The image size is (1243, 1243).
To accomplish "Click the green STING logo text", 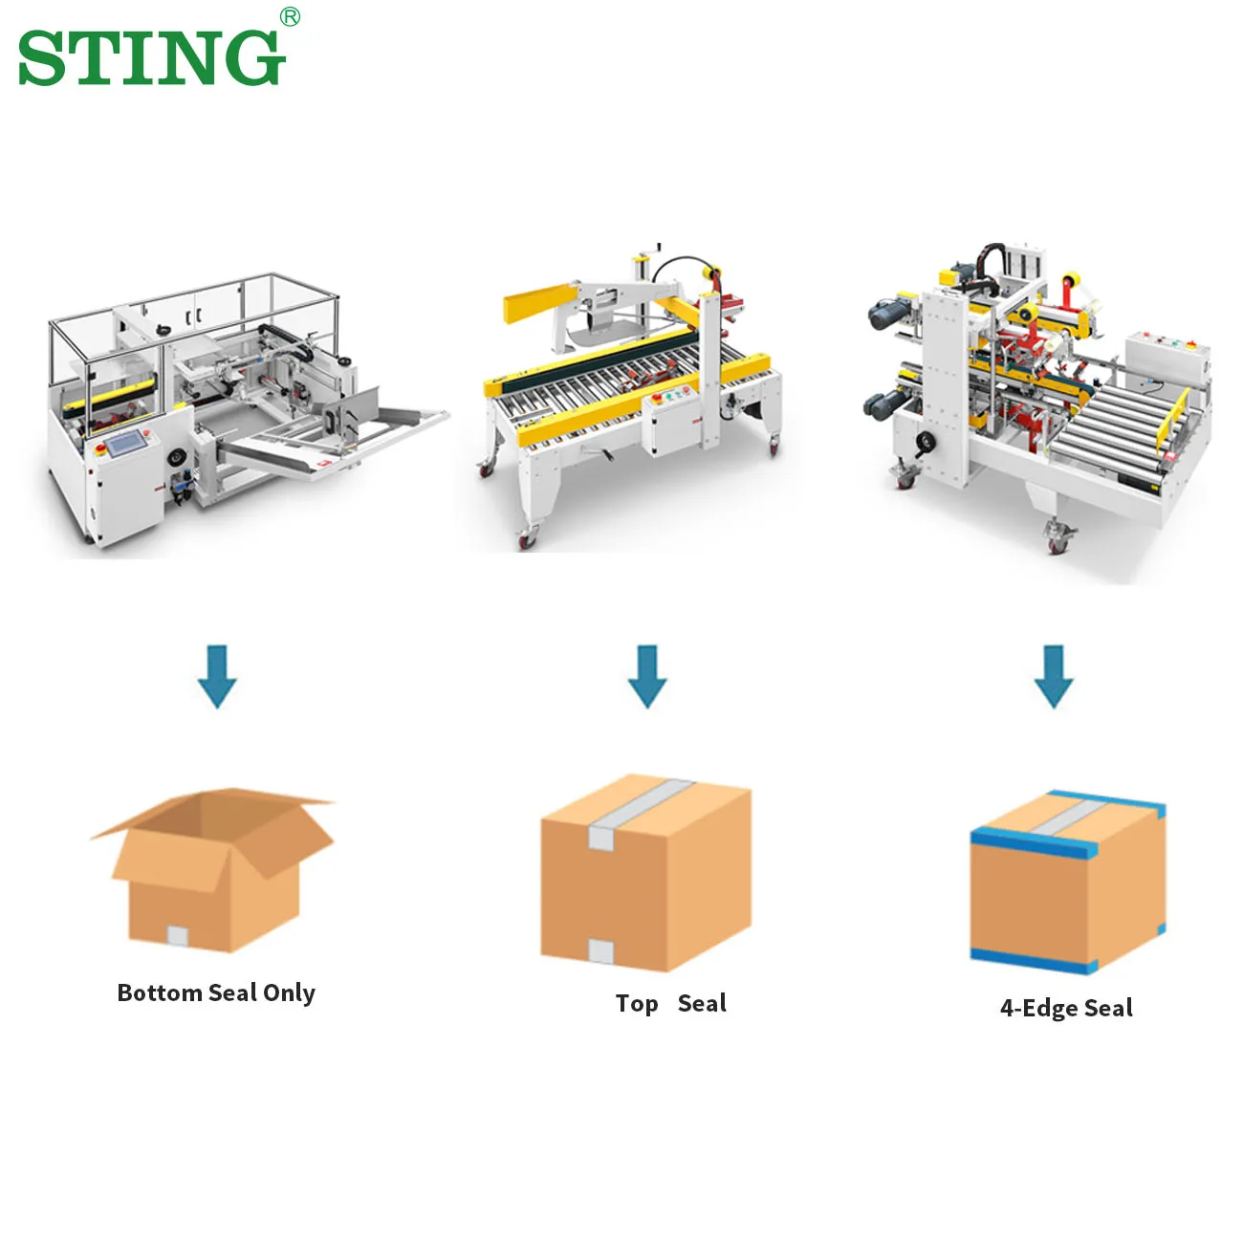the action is tap(152, 58).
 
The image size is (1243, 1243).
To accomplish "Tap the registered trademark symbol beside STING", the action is tap(291, 17).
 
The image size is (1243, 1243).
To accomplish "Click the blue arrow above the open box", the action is tap(217, 677).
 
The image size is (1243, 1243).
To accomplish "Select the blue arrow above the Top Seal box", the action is tap(647, 677).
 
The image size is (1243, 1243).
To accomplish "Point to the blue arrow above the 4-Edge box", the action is tap(1054, 677).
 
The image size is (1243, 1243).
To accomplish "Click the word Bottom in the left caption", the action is tap(160, 992).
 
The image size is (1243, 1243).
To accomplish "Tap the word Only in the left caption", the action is tap(289, 993).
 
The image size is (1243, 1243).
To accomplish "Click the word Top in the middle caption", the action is tap(637, 1004).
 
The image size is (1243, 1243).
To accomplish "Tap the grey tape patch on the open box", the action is tap(178, 935).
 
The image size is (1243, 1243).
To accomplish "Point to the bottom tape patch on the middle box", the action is tap(600, 950).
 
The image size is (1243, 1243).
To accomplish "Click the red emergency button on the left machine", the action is tap(100, 449).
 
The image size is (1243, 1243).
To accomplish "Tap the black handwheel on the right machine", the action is tap(927, 442).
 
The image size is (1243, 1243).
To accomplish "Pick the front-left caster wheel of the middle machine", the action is tap(527, 538).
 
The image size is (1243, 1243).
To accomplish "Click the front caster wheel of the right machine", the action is tap(1058, 540).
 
